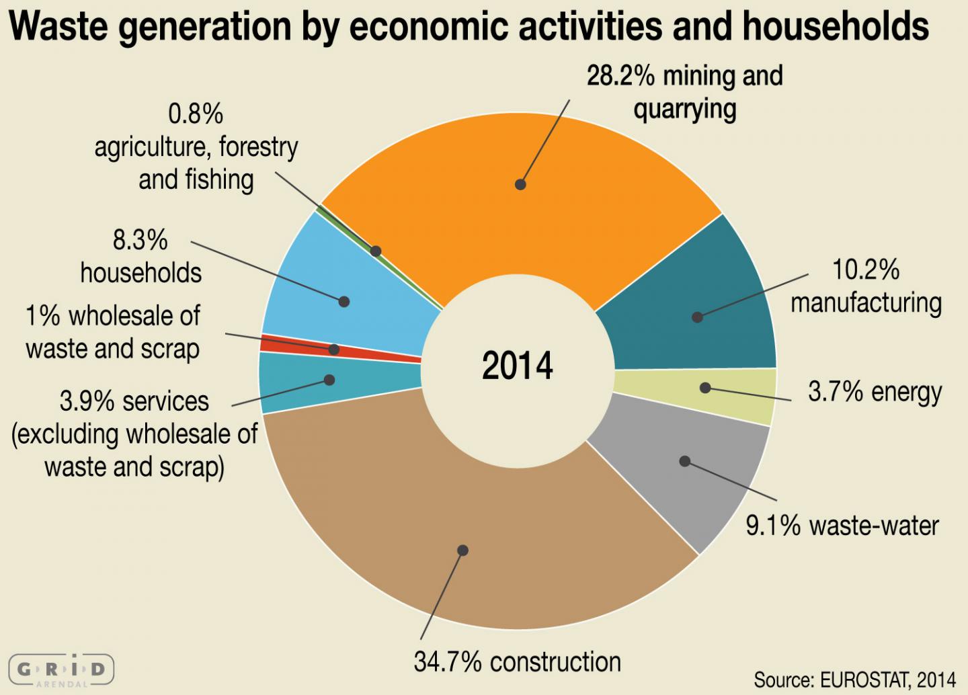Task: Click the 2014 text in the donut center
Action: pyautogui.click(x=517, y=366)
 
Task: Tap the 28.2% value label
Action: pyautogui.click(x=620, y=76)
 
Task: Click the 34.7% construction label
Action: pyautogui.click(x=517, y=662)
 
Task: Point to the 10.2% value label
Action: pyautogui.click(x=865, y=270)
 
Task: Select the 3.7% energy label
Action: pyautogui.click(x=875, y=392)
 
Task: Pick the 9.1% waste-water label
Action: pyautogui.click(x=842, y=526)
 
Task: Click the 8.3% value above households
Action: pyautogui.click(x=140, y=240)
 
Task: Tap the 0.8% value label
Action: pyautogui.click(x=196, y=114)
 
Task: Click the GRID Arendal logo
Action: pyautogui.click(x=62, y=669)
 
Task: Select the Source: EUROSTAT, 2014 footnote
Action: pyautogui.click(x=854, y=680)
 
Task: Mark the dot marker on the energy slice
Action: pyautogui.click(x=704, y=388)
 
